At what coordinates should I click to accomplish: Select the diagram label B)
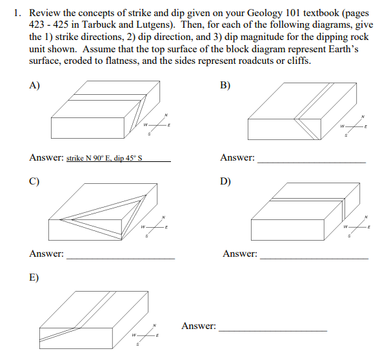point(225,85)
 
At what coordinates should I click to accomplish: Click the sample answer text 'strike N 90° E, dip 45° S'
point(104,158)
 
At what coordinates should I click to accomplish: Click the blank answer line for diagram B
point(311,162)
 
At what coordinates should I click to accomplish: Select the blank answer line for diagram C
point(121,258)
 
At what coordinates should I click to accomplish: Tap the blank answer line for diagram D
point(314,258)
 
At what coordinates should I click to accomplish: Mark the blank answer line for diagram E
point(273,331)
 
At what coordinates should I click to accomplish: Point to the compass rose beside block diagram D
point(357,227)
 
